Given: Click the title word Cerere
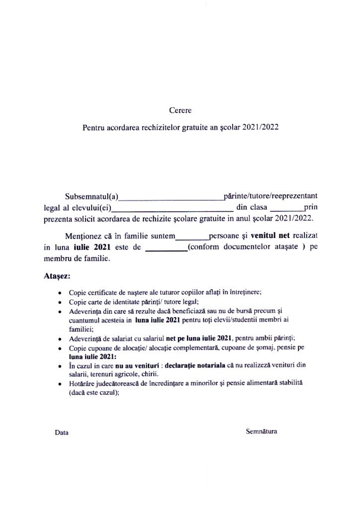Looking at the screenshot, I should coord(180,110).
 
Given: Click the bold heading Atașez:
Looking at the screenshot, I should coord(57,275).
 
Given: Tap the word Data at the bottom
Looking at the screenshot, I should coord(62,432).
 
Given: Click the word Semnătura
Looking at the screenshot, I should coord(262,431).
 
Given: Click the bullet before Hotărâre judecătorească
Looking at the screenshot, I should coord(60,384).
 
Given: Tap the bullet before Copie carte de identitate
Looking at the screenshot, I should coord(60,302).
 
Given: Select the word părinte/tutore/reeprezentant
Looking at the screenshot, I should coord(270,195).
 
